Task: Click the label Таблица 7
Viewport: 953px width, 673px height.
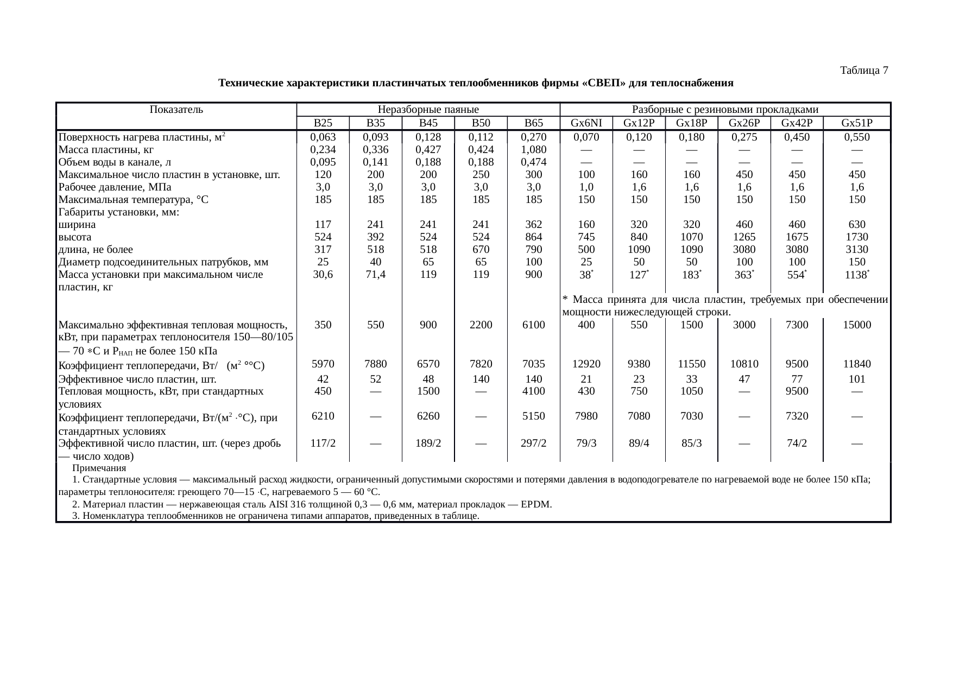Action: tap(864, 71)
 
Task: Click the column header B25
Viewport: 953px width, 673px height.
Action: tap(323, 123)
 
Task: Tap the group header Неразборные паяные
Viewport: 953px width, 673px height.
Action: tap(428, 110)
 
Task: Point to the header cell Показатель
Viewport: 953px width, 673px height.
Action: tap(176, 110)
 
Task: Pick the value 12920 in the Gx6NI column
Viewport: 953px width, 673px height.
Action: tap(586, 364)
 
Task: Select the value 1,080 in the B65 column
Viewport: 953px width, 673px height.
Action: tap(533, 150)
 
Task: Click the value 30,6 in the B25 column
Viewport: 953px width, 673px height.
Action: tap(323, 275)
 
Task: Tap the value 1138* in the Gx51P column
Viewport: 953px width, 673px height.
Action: tap(858, 275)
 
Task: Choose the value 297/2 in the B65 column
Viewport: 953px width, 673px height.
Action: tap(533, 443)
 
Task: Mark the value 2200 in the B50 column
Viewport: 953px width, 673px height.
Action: tap(481, 325)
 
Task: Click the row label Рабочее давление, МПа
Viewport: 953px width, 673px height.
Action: tap(115, 187)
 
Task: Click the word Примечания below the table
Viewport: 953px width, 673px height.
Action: tap(99, 468)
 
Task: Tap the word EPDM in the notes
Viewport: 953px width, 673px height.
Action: tap(536, 505)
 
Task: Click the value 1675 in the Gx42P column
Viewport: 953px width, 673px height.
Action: tap(797, 237)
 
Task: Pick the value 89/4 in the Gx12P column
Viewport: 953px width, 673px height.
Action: tap(639, 443)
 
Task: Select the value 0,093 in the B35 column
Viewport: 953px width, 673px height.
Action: tap(375, 137)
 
